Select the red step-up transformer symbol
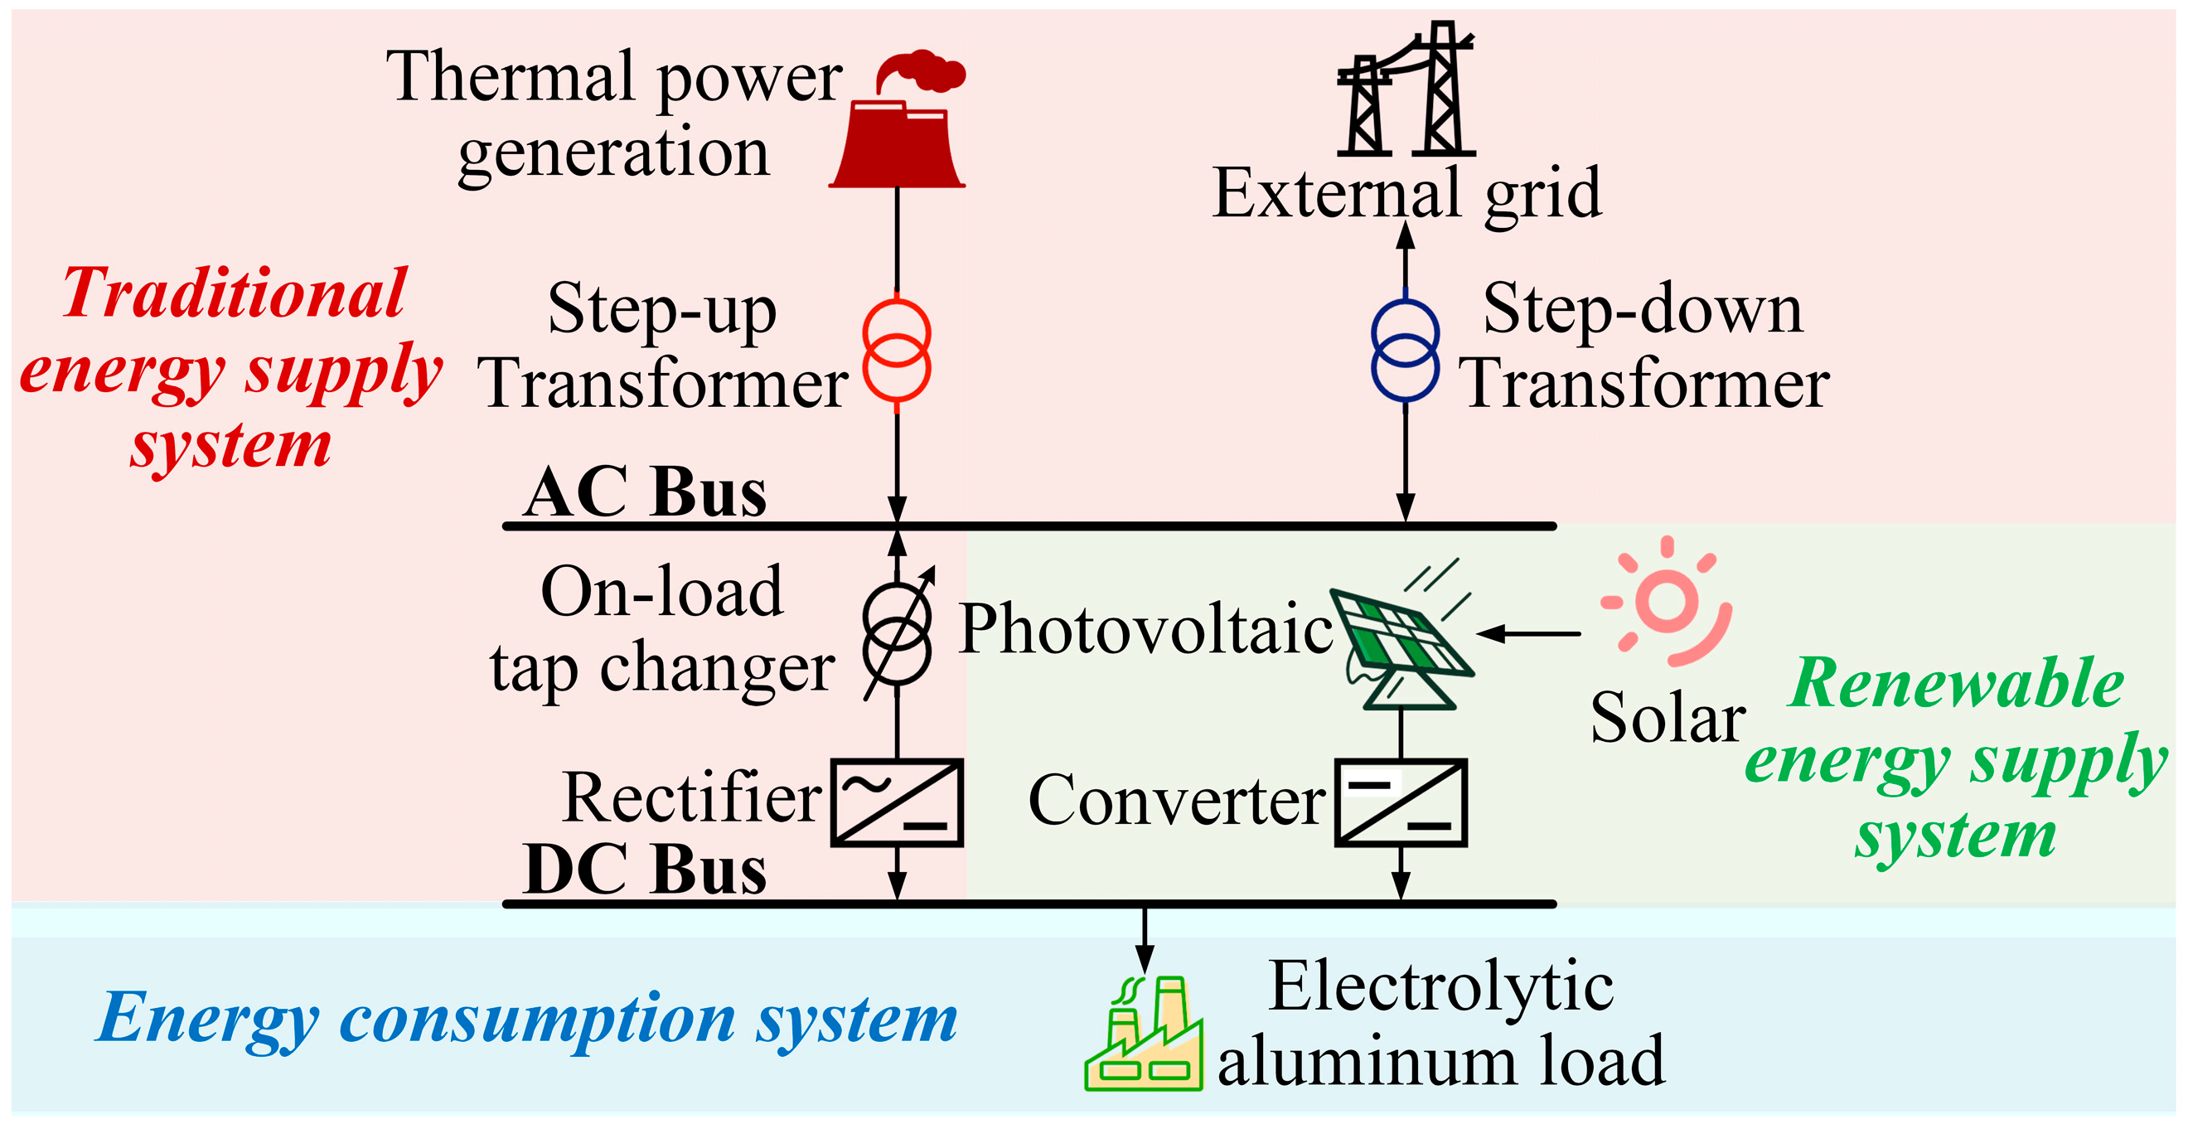pyautogui.click(x=897, y=350)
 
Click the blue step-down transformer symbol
pyautogui.click(x=1405, y=350)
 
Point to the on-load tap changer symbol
pyautogui.click(x=897, y=634)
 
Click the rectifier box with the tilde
pyautogui.click(x=897, y=802)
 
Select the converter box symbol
pyautogui.click(x=1401, y=802)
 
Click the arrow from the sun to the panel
pyautogui.click(x=1529, y=634)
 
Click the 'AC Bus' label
pyautogui.click(x=646, y=492)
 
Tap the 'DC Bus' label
pyautogui.click(x=646, y=870)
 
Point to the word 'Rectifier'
pyautogui.click(x=691, y=798)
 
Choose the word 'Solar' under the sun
pyautogui.click(x=1668, y=718)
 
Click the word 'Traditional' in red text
pyautogui.click(x=235, y=294)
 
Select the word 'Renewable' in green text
pyautogui.click(x=1955, y=684)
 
